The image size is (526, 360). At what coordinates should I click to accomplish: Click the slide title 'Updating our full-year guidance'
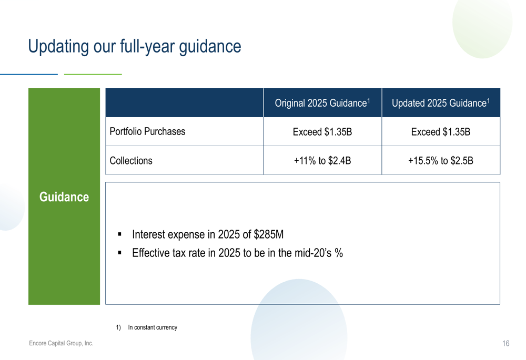[x=135, y=47]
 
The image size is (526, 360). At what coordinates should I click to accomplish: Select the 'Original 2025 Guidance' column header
[x=322, y=103]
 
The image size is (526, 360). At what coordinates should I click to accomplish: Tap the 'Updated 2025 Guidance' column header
[x=441, y=103]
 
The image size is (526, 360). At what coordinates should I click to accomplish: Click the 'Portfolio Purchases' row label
[x=147, y=131]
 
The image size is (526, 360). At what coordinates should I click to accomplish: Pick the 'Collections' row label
[x=131, y=161]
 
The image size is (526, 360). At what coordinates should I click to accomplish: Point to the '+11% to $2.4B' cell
[x=322, y=161]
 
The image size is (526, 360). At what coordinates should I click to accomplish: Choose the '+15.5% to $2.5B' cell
[x=441, y=161]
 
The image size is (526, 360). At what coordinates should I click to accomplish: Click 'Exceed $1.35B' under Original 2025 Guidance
[x=322, y=132]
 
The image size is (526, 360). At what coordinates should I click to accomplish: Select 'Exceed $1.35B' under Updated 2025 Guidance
[x=441, y=132]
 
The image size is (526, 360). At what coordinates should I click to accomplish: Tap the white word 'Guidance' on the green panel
[x=64, y=197]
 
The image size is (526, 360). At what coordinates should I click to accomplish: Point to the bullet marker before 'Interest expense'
[x=120, y=234]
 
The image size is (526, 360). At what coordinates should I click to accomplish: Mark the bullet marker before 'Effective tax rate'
[x=120, y=253]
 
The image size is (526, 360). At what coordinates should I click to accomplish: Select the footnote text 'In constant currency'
[x=153, y=327]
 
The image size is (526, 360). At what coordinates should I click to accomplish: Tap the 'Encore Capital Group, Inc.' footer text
[x=61, y=343]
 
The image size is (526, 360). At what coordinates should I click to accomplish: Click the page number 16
[x=506, y=343]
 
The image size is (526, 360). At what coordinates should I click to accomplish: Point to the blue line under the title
[x=29, y=74]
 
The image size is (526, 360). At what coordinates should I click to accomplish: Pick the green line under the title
[x=93, y=74]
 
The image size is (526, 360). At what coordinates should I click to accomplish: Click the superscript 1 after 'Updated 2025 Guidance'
[x=489, y=100]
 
